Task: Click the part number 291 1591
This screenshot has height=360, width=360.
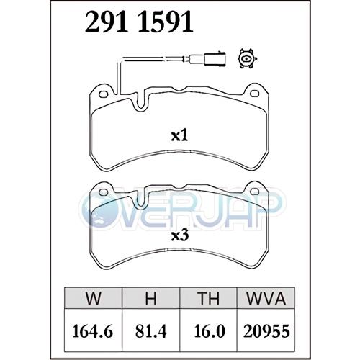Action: (139, 22)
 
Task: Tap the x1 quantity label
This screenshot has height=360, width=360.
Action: (179, 136)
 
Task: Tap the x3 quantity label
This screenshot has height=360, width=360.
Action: (180, 236)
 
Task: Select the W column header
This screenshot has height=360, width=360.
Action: (93, 298)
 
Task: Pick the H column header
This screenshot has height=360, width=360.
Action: (150, 298)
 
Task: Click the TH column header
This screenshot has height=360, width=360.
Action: (208, 298)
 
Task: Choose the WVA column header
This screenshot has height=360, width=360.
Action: (266, 298)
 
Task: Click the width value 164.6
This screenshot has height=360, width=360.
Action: (93, 331)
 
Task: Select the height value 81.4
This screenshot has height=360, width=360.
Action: (150, 331)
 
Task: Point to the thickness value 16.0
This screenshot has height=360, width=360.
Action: (210, 331)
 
